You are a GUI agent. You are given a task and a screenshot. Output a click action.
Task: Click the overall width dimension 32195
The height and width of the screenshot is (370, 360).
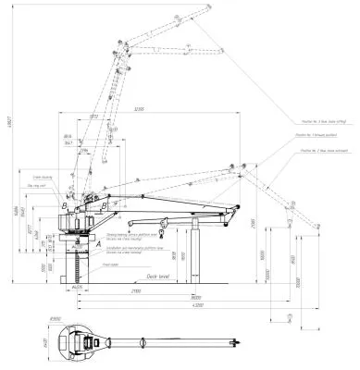(x=137, y=111)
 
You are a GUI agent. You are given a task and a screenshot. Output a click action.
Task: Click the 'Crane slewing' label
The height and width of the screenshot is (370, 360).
(x=43, y=175)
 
